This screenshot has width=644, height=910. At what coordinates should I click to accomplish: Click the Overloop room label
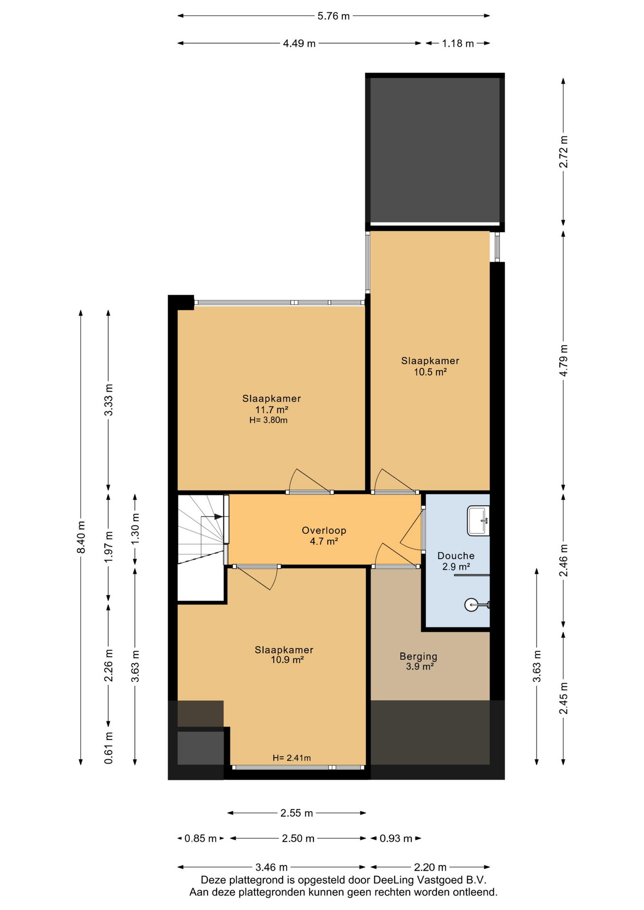[324, 530]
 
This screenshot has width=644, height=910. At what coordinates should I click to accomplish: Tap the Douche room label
[456, 555]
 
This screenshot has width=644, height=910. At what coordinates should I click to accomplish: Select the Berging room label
[418, 656]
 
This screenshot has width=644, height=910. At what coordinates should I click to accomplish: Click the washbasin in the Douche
[478, 520]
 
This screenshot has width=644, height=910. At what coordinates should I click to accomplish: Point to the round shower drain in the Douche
[471, 605]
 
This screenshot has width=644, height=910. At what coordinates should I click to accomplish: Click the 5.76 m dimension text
[333, 16]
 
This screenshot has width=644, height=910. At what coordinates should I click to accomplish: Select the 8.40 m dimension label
[81, 537]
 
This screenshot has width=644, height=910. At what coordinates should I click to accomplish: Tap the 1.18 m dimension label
[458, 44]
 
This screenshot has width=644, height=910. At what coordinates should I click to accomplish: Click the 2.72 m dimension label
[563, 152]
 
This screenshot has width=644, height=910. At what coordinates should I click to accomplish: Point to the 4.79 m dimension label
[563, 360]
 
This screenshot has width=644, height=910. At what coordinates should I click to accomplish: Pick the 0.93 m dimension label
[396, 838]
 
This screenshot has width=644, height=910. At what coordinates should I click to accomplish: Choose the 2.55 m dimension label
[296, 813]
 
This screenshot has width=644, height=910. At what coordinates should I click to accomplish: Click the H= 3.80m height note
[268, 420]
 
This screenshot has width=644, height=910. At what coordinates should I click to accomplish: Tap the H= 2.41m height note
[292, 758]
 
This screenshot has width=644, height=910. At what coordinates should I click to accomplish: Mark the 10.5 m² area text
[430, 372]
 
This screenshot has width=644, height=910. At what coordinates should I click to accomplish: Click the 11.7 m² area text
[272, 409]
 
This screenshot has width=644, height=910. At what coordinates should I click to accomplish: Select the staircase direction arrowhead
[219, 516]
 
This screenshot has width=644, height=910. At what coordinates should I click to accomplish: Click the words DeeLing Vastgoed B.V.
[430, 880]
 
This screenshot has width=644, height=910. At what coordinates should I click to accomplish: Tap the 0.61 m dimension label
[109, 747]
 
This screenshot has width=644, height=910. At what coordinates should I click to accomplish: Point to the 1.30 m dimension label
[135, 528]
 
